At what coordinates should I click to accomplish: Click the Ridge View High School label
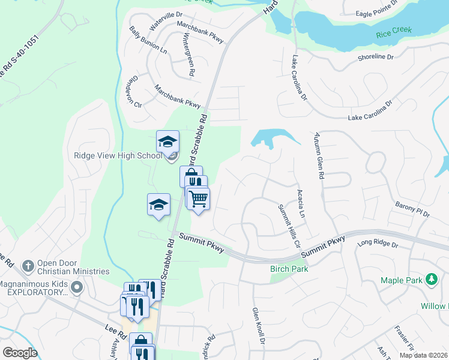pos(118,155)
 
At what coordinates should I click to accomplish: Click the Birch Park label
pos(289,269)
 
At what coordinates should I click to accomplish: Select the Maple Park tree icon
pos(430,280)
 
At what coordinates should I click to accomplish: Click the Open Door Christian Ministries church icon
pos(26,265)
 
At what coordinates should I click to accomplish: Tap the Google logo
pos(20,353)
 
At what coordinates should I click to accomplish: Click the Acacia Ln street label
pos(302,203)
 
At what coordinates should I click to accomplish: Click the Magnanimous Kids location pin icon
pos(76,287)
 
